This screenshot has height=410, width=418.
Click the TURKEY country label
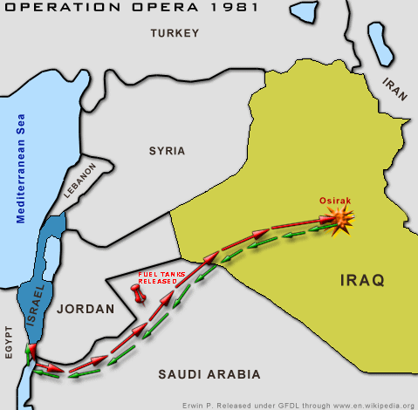(x=175, y=33)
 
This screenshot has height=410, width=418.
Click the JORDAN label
(x=85, y=309)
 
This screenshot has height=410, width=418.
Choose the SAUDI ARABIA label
(x=209, y=374)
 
